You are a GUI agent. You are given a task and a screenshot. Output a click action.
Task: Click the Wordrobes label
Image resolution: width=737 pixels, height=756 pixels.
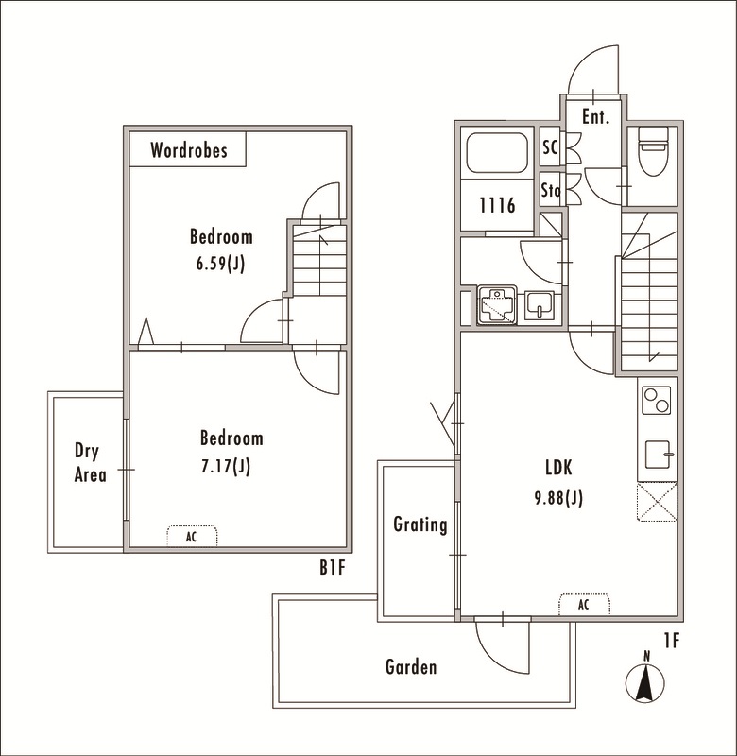(x=188, y=150)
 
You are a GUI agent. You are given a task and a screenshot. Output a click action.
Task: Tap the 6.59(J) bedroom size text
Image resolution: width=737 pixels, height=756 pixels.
(x=221, y=264)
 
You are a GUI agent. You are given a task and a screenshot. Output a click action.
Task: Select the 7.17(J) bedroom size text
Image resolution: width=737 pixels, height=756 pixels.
(x=226, y=466)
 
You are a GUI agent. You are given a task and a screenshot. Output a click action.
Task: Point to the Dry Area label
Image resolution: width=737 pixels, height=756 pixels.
(x=90, y=463)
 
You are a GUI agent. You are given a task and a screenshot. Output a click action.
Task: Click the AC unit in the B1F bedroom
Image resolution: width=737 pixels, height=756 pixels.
(x=192, y=536)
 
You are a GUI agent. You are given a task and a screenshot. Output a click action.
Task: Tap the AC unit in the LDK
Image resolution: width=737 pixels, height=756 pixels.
(x=584, y=604)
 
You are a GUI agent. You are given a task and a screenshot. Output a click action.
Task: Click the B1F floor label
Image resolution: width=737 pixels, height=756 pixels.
(x=333, y=568)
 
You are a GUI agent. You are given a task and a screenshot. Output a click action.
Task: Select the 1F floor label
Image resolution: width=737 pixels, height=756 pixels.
(x=672, y=641)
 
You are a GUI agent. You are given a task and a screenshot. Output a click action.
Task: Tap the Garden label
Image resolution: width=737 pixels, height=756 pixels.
(x=411, y=667)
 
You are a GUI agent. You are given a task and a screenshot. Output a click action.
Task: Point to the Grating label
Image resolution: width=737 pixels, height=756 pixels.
(x=420, y=524)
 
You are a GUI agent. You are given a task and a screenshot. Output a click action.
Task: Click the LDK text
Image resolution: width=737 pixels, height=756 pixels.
(x=558, y=467)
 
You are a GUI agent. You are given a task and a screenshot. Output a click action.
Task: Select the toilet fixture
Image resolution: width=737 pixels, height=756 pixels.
(x=653, y=151)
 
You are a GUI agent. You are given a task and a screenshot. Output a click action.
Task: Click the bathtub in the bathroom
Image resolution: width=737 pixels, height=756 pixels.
(x=497, y=153)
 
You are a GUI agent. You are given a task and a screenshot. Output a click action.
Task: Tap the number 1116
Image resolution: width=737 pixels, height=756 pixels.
(x=497, y=205)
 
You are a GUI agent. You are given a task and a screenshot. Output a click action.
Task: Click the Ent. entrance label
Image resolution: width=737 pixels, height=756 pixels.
(x=596, y=116)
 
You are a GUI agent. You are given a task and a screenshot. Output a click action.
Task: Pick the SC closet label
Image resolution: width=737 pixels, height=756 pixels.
(x=550, y=147)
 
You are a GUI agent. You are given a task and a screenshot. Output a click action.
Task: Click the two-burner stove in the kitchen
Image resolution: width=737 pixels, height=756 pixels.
(x=657, y=400)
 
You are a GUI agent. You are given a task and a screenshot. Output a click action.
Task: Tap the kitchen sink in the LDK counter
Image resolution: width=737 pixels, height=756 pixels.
(x=659, y=455)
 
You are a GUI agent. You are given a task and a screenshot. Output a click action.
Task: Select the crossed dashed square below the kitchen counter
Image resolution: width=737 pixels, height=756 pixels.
(x=657, y=502)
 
